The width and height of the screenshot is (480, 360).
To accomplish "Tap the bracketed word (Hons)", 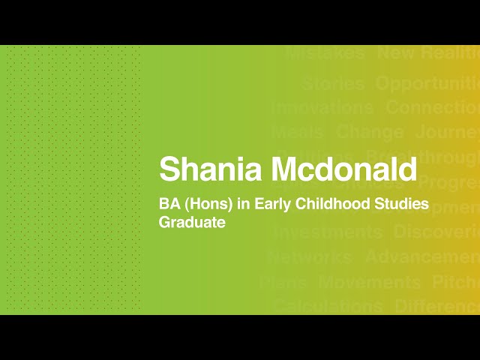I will point(204,204).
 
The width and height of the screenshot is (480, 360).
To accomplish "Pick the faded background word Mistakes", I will point(325,53).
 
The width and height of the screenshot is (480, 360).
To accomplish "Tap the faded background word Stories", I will point(333,83).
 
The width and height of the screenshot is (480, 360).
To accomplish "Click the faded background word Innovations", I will point(322,107).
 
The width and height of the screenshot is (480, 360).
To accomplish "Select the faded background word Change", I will point(370,133).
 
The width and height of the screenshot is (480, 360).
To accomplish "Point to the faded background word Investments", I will point(327,232).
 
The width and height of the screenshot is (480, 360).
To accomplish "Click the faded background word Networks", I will point(309,256).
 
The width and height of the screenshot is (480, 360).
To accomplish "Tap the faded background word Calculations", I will point(328,306).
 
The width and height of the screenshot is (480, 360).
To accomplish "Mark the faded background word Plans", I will point(283,283).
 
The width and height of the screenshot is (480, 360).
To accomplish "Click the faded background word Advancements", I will point(422,256).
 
